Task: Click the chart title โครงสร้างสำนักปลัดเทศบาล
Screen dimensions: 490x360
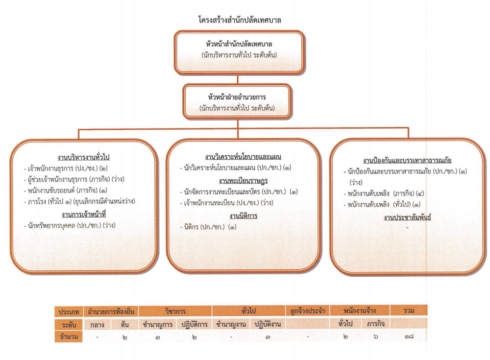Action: click(x=240, y=20)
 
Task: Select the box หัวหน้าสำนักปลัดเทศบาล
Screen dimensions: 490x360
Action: click(x=239, y=52)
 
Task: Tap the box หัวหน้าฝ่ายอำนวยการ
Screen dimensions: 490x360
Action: click(x=237, y=101)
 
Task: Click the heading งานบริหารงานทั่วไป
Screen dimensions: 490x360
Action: click(x=83, y=157)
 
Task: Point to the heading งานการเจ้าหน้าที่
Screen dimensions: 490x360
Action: click(x=84, y=215)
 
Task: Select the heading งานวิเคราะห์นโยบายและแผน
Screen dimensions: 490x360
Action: click(x=243, y=157)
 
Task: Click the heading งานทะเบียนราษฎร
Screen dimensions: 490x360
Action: click(x=243, y=181)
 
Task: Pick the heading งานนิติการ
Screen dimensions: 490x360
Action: click(x=243, y=216)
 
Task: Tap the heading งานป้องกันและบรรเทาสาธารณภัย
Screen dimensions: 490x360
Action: click(x=407, y=160)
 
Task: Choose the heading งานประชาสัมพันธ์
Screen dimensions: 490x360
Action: click(x=407, y=217)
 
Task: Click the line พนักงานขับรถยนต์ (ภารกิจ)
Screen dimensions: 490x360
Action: click(x=65, y=191)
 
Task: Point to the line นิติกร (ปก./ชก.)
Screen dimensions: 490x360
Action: click(x=208, y=227)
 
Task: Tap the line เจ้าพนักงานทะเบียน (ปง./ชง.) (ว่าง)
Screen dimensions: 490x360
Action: click(x=226, y=203)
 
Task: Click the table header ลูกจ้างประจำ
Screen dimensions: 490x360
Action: click(x=308, y=311)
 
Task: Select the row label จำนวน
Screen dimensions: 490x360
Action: click(x=69, y=337)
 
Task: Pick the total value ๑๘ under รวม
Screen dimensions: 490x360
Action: click(x=409, y=337)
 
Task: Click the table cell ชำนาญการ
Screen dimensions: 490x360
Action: click(x=157, y=324)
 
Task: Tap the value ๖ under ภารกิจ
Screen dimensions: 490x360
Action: click(x=376, y=337)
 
